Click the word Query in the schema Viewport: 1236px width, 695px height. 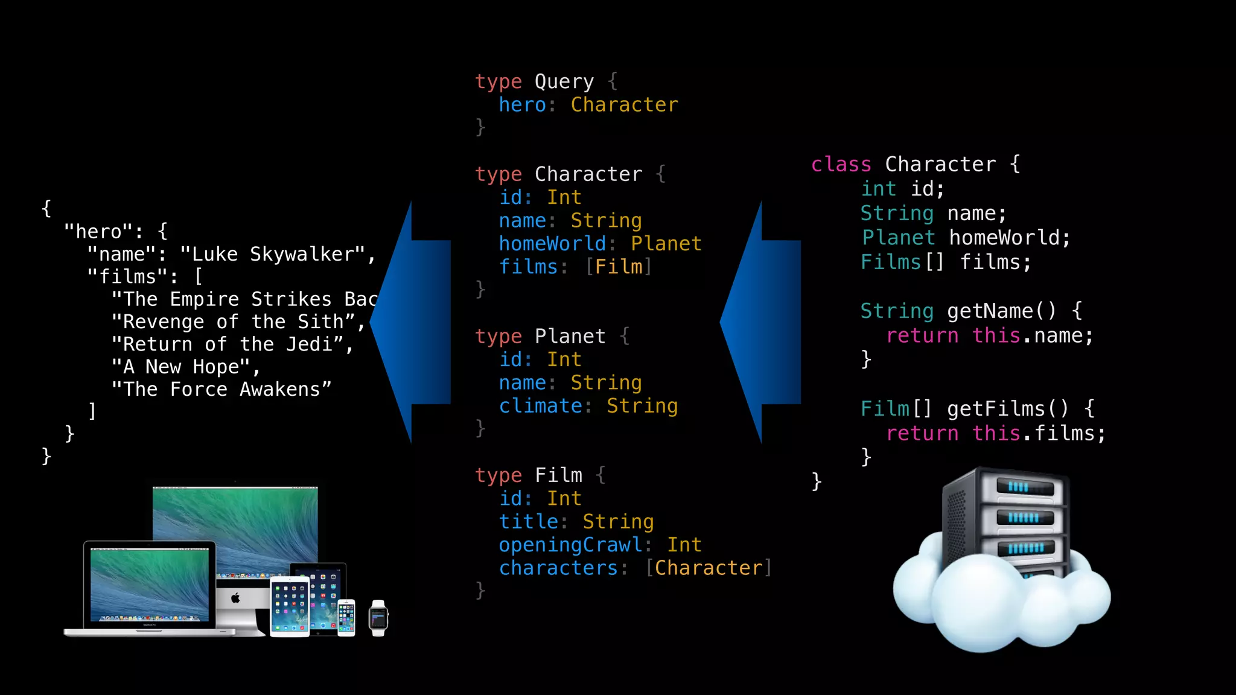[x=564, y=81]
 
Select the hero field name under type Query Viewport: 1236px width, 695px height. [x=522, y=105]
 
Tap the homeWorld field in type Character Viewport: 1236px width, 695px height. [x=552, y=244]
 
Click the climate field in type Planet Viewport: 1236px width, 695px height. [x=541, y=406]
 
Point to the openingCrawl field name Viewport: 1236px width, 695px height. [x=570, y=545]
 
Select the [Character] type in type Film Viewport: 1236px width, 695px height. [x=709, y=568]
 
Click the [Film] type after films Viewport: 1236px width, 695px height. [x=619, y=267]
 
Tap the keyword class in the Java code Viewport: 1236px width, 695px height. [x=841, y=164]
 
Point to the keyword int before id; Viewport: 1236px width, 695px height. [x=878, y=189]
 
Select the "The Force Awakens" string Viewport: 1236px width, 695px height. [x=221, y=390]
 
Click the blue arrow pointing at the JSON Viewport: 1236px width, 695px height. [x=410, y=322]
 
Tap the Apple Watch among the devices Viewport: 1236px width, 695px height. [x=378, y=618]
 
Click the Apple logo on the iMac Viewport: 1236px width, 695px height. [x=235, y=598]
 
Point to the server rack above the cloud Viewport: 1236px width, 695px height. [x=1005, y=519]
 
